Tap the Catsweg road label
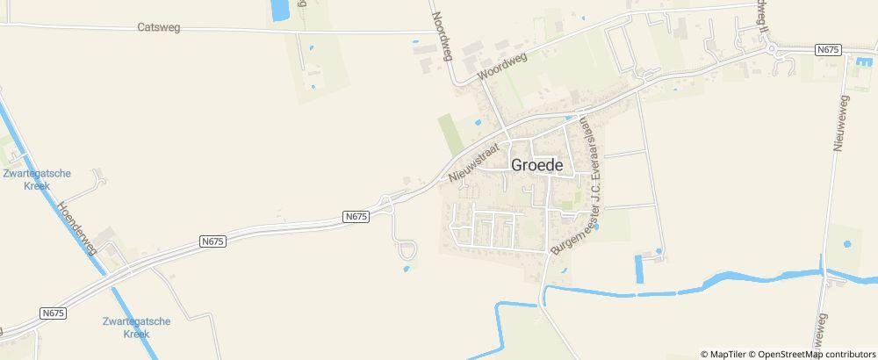pos(159,28)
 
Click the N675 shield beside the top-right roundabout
pos(828,50)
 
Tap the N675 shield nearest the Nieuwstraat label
pos(355,215)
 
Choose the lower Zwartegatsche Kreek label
pos(135,328)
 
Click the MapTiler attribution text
pos(724,354)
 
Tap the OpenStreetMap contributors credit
pos(812,354)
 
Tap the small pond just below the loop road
pos(407,269)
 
